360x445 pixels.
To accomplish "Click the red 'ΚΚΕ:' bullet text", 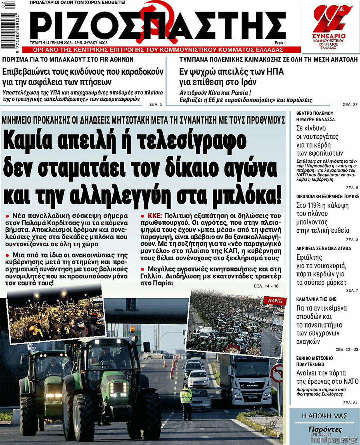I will (x=152, y=215).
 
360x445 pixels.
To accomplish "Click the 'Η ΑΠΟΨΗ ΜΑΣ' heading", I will (x=324, y=416).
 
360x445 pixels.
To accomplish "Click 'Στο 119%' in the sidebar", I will (x=310, y=206).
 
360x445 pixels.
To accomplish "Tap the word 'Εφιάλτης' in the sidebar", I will (x=310, y=257).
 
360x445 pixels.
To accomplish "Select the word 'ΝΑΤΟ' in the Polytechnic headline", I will (x=350, y=381).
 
